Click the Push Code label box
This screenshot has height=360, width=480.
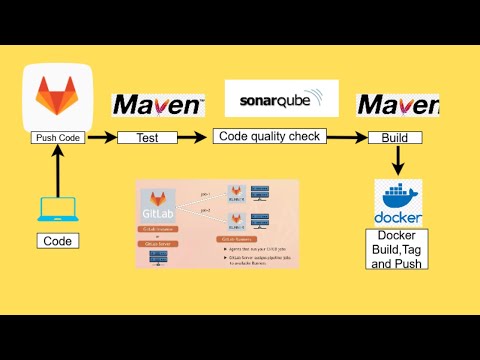coord(57,138)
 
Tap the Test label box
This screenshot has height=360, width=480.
coord(147,138)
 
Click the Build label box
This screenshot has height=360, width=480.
coord(395,138)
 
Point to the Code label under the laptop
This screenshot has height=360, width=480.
coord(57,241)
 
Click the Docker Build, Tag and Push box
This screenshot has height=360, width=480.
coord(396,249)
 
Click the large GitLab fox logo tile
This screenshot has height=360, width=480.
coord(58,97)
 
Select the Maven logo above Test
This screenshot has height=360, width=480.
coord(158,106)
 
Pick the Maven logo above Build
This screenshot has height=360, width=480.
coord(397,105)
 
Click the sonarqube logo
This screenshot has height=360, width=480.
coord(281,98)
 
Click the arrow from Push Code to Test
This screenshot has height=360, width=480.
coord(102,138)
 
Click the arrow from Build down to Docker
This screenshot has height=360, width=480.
coord(397,159)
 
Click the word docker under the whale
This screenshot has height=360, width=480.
coord(398,217)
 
